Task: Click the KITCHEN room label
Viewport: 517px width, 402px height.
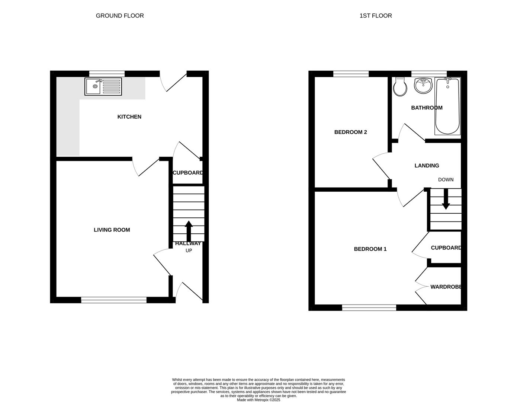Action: click(x=129, y=117)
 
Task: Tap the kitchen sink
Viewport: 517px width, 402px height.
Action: click(x=103, y=86)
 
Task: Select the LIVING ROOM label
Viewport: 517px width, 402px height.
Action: click(x=112, y=230)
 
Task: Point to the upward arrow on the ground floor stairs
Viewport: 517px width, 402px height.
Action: click(x=189, y=231)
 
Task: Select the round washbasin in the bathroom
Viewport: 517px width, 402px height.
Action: click(x=423, y=86)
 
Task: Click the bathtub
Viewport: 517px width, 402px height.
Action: click(x=447, y=106)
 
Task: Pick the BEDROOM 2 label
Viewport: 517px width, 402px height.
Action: click(x=351, y=132)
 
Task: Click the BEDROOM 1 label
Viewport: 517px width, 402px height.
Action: click(x=370, y=249)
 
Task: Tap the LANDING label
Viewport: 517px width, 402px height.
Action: click(x=427, y=166)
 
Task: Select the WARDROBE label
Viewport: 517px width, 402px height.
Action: click(x=446, y=287)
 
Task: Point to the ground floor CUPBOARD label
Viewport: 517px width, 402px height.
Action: click(x=188, y=173)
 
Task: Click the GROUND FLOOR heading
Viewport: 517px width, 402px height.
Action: click(x=120, y=16)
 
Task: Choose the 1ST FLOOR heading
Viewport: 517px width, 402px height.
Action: click(x=376, y=16)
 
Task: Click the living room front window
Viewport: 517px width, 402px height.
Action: click(x=114, y=300)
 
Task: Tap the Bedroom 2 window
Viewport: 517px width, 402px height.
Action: click(x=351, y=74)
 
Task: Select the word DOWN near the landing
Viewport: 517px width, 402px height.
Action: click(x=446, y=180)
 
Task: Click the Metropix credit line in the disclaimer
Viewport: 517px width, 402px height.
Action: click(x=258, y=400)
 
